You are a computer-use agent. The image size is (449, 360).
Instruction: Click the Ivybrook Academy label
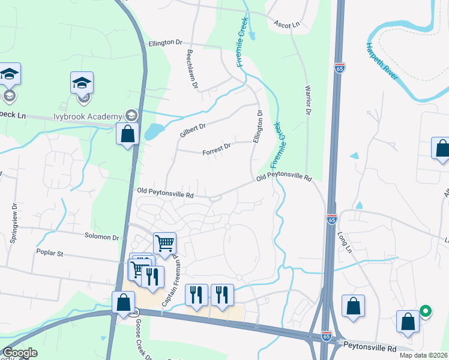click(88, 115)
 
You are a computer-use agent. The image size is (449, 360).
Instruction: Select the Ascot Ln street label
click(286, 25)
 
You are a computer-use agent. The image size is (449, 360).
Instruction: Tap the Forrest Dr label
click(218, 146)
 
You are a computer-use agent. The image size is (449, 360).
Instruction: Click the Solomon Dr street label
click(102, 238)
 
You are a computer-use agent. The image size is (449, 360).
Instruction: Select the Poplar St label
click(50, 253)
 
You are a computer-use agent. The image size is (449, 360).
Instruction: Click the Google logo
click(20, 353)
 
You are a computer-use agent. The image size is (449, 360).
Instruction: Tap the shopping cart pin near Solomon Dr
click(164, 243)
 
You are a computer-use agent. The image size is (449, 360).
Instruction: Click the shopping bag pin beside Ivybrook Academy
click(128, 134)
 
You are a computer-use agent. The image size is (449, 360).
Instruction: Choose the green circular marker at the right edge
click(425, 311)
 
